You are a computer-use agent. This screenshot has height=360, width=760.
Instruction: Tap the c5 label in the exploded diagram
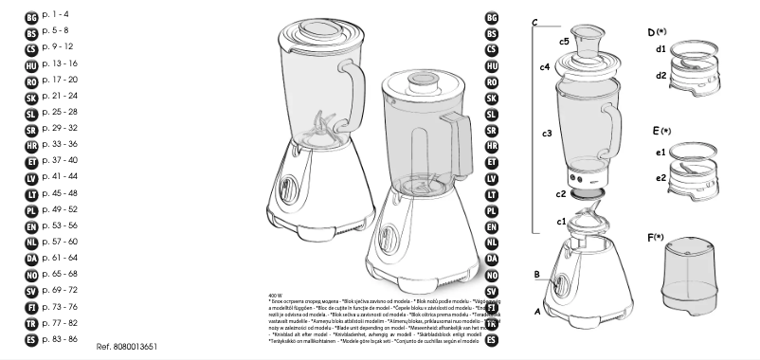coord(564,42)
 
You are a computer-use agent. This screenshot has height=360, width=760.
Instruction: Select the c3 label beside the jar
coord(547,134)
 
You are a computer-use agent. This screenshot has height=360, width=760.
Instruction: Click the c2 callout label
coord(562,194)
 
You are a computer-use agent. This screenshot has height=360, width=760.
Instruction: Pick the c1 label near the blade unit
coord(561,221)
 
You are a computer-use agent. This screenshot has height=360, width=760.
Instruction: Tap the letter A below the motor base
coord(537,310)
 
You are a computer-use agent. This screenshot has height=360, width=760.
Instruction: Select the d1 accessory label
coord(660,48)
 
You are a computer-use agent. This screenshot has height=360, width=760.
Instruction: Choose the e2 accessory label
coord(660,177)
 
